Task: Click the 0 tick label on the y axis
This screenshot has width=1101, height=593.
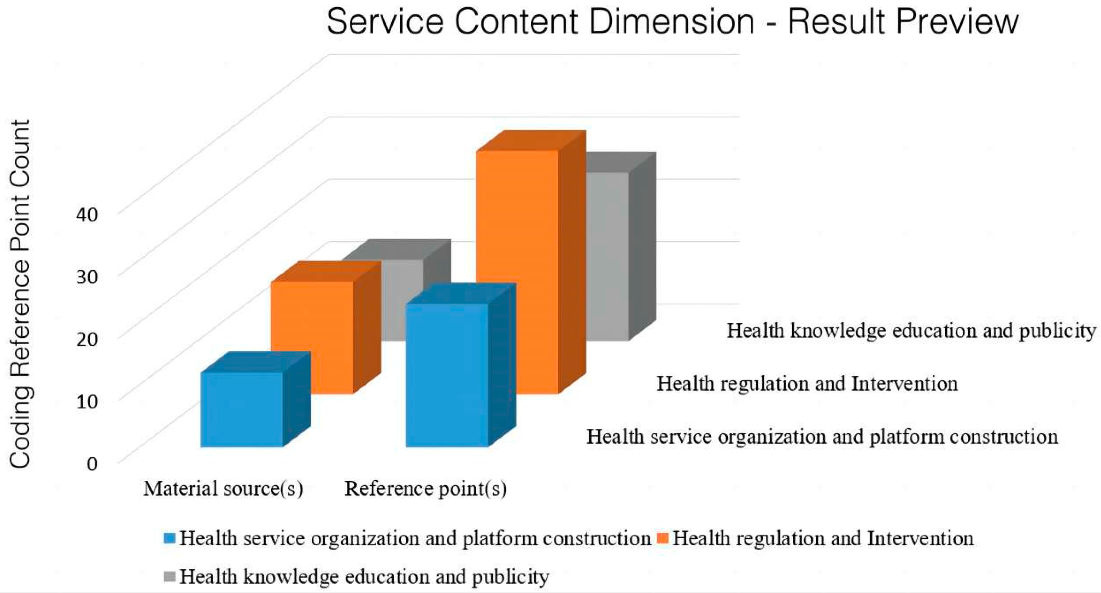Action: coord(92,463)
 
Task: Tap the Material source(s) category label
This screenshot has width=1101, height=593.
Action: coord(223,489)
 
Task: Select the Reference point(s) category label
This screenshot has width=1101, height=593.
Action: coord(425,489)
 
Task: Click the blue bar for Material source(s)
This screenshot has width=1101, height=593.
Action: coord(242,410)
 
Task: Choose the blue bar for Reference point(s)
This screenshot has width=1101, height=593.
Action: coord(447,376)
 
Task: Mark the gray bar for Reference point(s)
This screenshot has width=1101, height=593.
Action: coord(607,256)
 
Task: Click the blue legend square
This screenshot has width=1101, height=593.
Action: coord(170,538)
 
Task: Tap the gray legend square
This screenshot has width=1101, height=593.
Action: coord(170,577)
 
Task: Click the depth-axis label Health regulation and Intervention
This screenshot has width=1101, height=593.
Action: coord(807,384)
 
